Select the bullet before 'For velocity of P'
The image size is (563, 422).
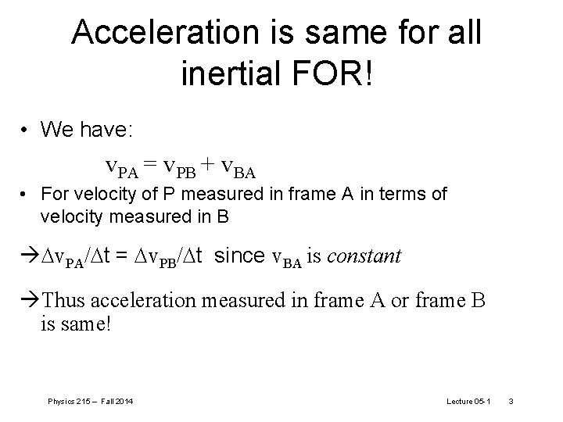(x=26, y=194)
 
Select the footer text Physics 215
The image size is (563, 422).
(x=70, y=401)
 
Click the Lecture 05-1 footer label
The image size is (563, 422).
(x=468, y=401)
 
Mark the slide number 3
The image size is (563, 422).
(x=510, y=401)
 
